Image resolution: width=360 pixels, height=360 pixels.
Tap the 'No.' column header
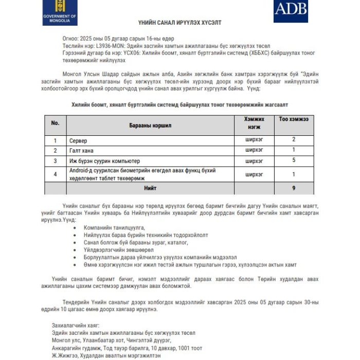(56, 123)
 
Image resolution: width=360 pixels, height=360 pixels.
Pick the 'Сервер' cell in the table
(79, 140)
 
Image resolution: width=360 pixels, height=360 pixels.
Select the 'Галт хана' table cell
(82, 150)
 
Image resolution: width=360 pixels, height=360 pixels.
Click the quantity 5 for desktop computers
(294, 160)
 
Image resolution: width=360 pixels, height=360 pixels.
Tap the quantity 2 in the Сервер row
(294, 140)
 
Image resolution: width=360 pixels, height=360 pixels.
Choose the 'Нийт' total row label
(150, 188)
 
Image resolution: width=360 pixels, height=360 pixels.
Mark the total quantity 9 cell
(294, 188)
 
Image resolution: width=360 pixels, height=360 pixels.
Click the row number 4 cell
(56, 174)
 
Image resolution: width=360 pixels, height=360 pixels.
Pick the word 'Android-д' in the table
(83, 171)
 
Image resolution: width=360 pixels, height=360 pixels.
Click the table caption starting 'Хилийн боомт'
(179, 103)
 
